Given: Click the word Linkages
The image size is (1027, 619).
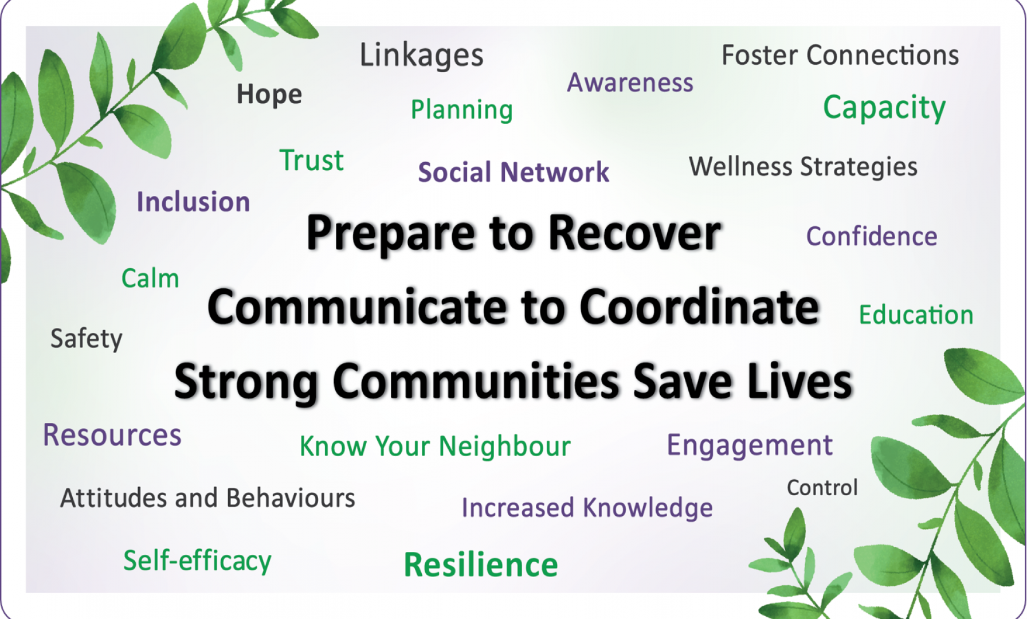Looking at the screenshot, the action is point(421,56).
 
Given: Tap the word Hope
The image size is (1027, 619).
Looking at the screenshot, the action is point(269,95).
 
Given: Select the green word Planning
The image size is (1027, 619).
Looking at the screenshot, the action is point(462,110).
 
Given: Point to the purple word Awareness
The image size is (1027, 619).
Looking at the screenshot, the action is point(630,83).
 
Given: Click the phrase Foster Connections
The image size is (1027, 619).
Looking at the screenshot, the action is point(840,55).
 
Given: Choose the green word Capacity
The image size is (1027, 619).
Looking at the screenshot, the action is point(884,108).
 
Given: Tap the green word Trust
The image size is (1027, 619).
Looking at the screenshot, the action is point(312,160).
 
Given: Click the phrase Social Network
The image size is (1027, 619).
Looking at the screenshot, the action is point(513,172).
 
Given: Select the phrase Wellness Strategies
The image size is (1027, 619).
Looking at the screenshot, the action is point(803,167).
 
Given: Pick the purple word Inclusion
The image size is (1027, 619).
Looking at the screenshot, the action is point(193,202).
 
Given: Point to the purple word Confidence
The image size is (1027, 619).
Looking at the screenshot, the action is point(872,236).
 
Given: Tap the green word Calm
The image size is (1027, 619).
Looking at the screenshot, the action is point(150,279).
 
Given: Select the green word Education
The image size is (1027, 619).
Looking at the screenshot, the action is point(916,315).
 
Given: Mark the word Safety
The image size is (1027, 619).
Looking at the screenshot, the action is point(87,339).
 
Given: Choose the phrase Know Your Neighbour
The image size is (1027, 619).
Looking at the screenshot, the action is point(435,446).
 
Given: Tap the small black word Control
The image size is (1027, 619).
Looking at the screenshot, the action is point(822,488).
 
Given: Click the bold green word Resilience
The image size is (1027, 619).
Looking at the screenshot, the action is point(481,565).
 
